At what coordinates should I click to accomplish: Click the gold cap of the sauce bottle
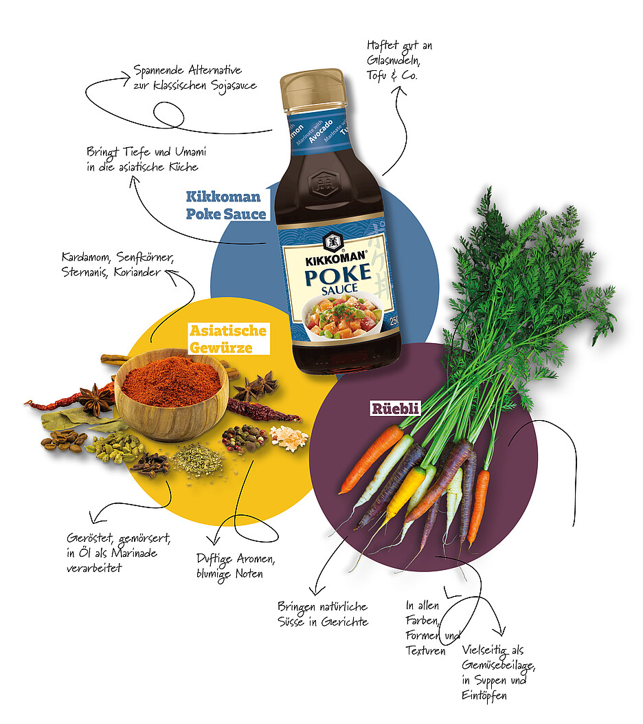pos(313,91)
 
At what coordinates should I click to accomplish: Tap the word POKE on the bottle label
pos(338,274)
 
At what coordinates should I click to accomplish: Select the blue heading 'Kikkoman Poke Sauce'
pos(225,206)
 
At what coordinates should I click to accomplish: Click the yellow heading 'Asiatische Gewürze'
pos(228,339)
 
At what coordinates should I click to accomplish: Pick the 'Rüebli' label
pos(395,408)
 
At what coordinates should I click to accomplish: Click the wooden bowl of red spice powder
pos(171,393)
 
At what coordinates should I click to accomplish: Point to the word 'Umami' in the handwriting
pos(190,152)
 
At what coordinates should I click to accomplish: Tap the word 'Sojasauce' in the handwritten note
pos(234,87)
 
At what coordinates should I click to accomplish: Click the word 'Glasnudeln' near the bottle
pos(394,60)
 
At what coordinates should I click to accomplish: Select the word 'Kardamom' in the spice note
pos(87,257)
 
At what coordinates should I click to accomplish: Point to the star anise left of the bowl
pos(95,399)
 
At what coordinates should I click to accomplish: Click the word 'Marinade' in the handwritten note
pos(134,553)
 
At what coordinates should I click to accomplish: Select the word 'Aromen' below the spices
pos(256,559)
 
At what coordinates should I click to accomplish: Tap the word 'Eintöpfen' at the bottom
pos(484,696)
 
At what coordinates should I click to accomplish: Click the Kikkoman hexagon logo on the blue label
pos(332,242)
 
